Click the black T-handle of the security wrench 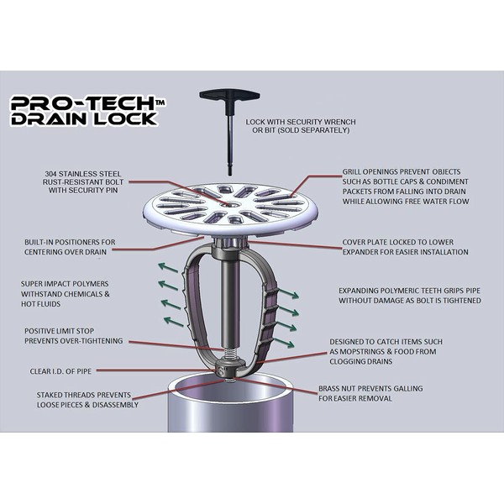[229, 96]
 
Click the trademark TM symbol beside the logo [160, 102]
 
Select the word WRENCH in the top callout [339, 122]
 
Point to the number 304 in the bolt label [50, 174]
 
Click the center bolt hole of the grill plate [232, 205]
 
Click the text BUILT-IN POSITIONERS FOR [70, 242]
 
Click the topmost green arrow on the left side [168, 267]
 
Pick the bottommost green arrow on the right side [284, 343]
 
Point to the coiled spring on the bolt [230, 354]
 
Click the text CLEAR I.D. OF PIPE [60, 371]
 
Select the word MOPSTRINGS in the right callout [362, 352]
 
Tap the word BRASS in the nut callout [328, 389]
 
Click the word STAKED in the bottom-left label [49, 395]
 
